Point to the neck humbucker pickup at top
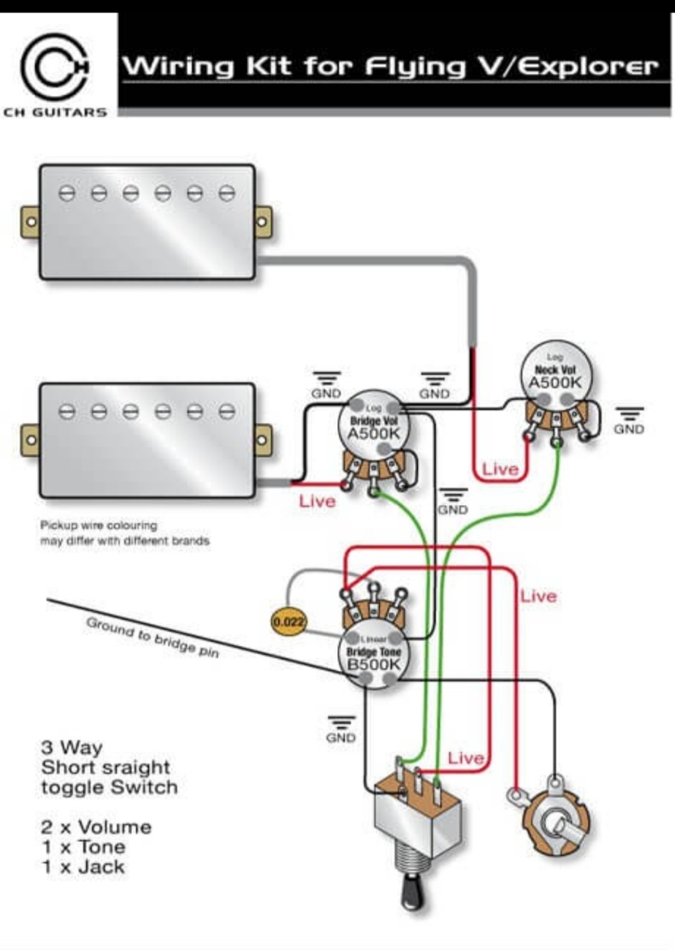pos(147,221)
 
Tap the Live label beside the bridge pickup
pos(318,502)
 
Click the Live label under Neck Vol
pos(500,469)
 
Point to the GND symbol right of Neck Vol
pos(629,420)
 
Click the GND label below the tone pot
pos(340,729)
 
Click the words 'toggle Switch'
pos(109,788)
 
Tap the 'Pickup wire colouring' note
pos(99,525)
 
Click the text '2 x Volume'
pos(96,828)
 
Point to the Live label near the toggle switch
pos(465,759)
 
